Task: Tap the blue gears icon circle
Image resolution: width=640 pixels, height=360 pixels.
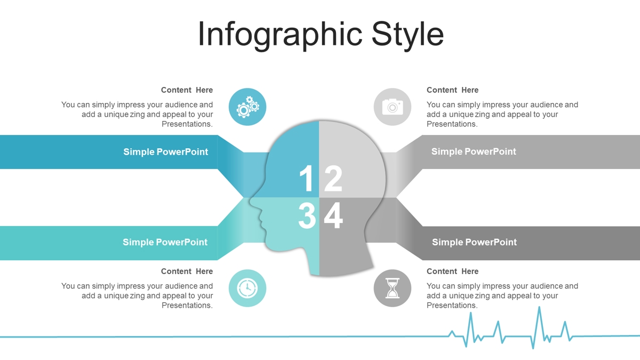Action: tap(247, 107)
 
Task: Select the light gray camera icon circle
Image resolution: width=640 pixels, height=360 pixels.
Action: tap(393, 107)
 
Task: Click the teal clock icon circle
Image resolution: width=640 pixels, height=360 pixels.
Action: tap(247, 288)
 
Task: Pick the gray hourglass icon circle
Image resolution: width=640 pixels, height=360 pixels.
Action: tap(393, 288)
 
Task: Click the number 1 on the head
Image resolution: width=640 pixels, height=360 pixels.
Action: tap(307, 178)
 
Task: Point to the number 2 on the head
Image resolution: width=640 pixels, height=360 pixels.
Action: tap(333, 178)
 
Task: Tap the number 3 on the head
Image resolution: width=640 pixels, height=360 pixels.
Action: tap(307, 215)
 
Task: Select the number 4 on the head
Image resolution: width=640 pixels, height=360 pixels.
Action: tap(333, 215)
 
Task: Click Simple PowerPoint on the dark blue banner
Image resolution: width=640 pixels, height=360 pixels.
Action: tap(165, 152)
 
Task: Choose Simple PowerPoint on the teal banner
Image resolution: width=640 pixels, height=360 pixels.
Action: tap(165, 242)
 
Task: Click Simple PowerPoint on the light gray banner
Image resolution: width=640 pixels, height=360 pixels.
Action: tap(474, 151)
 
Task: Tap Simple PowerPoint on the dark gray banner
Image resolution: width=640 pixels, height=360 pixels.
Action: tap(474, 242)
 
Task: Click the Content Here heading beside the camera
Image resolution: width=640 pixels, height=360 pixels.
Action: tap(453, 90)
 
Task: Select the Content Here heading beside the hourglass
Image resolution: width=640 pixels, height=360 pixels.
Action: tap(453, 271)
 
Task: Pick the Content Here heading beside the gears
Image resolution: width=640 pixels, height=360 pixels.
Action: tap(187, 90)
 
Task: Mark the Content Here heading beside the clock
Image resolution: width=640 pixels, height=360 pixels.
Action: tap(187, 271)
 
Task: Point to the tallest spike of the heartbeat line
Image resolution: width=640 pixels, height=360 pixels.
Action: tap(539, 307)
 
